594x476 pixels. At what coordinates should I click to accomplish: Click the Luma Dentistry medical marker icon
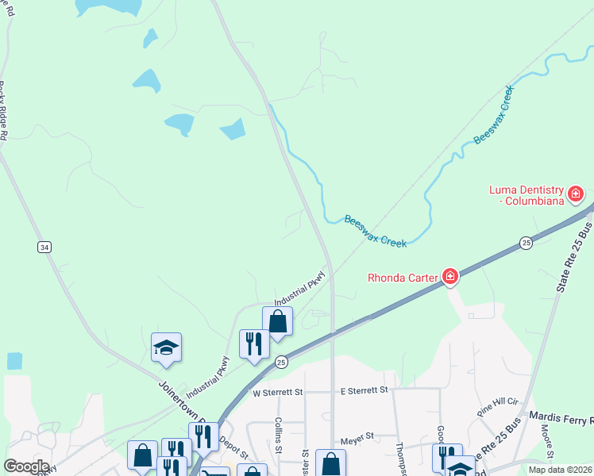(x=576, y=194)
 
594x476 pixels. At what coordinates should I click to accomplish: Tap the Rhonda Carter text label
(x=403, y=278)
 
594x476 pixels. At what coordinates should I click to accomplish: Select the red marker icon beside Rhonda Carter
(x=450, y=276)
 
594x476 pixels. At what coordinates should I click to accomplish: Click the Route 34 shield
(x=44, y=248)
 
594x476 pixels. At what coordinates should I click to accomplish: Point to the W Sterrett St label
(x=278, y=392)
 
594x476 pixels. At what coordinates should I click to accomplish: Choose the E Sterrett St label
(x=364, y=390)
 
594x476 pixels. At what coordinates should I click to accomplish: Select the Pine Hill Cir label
(x=498, y=407)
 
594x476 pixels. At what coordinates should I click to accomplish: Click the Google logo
(x=25, y=466)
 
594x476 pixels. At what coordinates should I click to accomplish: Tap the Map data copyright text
(x=559, y=470)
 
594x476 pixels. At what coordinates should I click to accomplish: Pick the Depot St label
(x=234, y=448)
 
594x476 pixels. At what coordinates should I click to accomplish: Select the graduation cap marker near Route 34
(x=167, y=347)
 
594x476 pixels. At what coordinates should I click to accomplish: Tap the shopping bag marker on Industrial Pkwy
(x=278, y=322)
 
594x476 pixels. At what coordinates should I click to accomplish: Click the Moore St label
(x=546, y=436)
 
